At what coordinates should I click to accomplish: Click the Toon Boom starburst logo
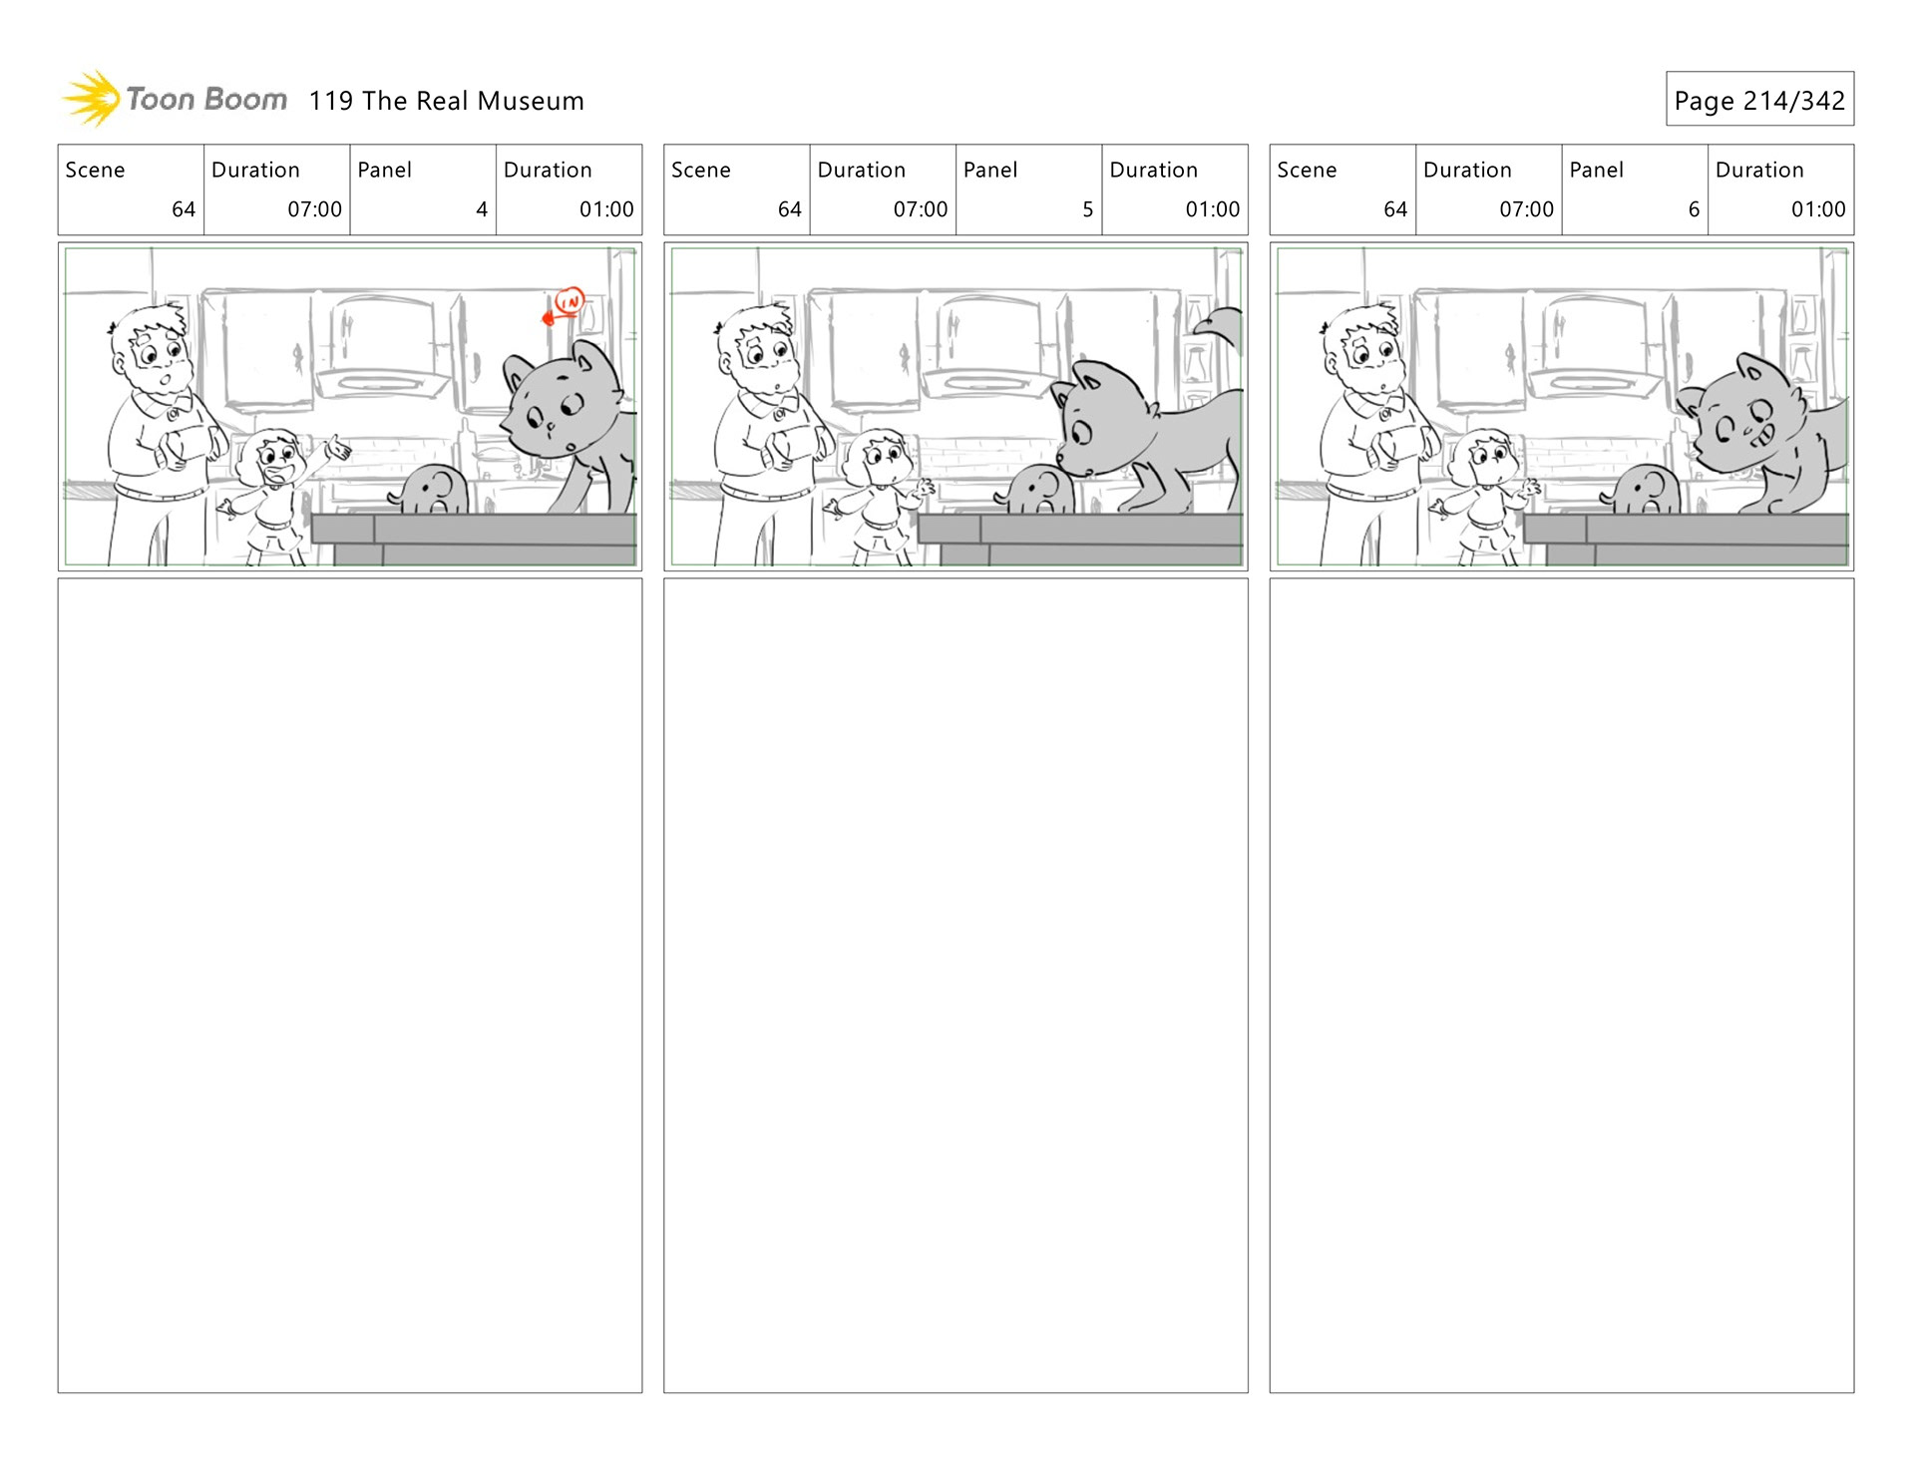[92, 99]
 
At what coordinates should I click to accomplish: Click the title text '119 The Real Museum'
[446, 101]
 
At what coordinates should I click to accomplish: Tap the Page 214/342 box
[1759, 99]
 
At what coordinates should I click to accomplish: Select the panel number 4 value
[482, 209]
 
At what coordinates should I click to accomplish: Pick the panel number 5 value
[1087, 209]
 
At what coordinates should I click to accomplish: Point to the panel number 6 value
[1694, 209]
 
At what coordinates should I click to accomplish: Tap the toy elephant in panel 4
[430, 490]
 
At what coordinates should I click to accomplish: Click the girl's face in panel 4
[277, 461]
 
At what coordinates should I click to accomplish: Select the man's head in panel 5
[757, 348]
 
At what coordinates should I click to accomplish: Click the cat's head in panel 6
[1740, 413]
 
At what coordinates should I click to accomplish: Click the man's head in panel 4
[151, 348]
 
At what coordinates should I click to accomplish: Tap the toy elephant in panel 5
[1038, 490]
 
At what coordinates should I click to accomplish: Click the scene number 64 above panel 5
[789, 209]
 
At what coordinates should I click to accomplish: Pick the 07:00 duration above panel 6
[1526, 209]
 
